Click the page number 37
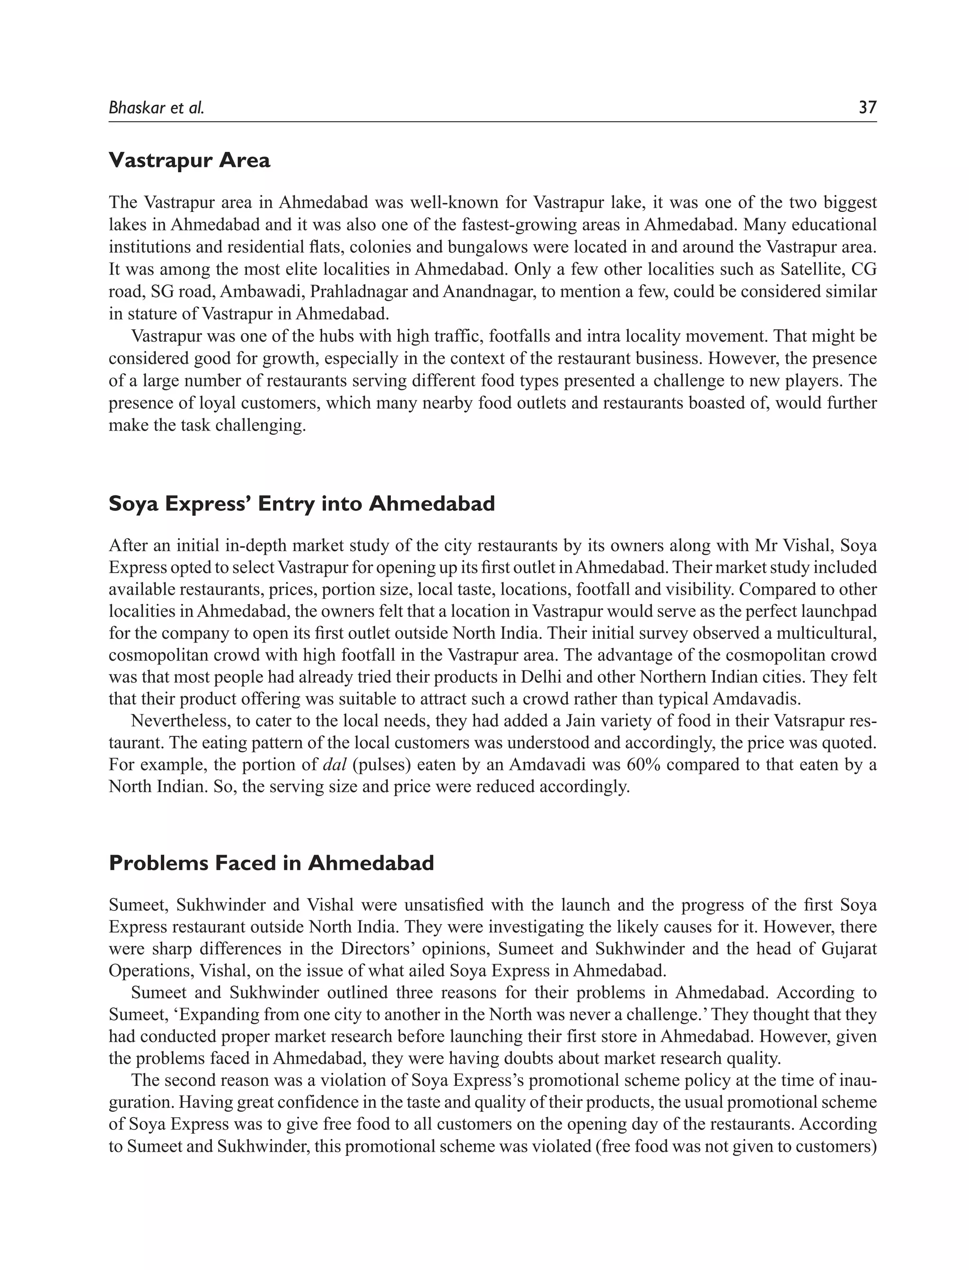point(867,107)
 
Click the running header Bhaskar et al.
point(156,108)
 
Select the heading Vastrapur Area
point(189,160)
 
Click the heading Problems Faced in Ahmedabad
point(271,863)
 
